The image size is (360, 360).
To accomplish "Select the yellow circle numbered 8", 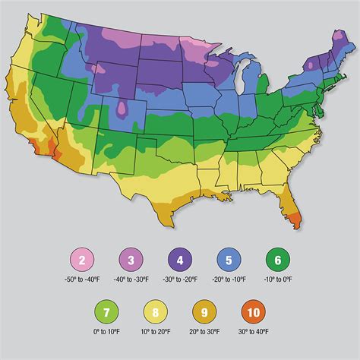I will (x=177, y=313).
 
